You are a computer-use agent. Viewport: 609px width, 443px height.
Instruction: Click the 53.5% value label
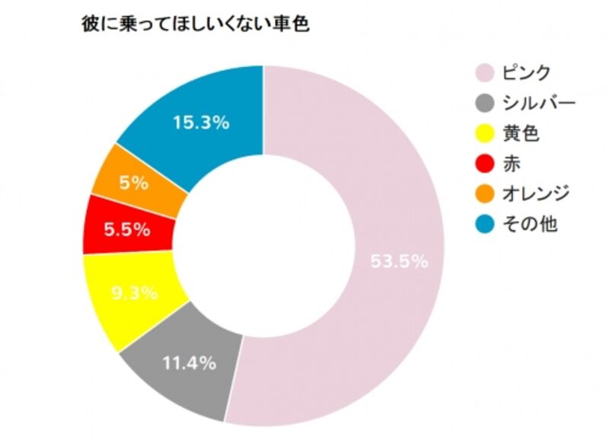[x=399, y=262]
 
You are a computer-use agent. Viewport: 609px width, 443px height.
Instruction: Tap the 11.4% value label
[x=189, y=363]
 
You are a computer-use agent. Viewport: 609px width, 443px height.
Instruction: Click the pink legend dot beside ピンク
[x=483, y=74]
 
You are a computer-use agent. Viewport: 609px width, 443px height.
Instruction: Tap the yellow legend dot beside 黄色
[x=483, y=134]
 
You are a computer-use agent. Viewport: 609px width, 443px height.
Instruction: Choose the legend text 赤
[x=512, y=164]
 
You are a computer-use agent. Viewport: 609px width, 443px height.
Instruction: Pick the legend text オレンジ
[x=536, y=194]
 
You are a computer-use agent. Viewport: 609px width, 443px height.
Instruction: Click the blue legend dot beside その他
[x=483, y=224]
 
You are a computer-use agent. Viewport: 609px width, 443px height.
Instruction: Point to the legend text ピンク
[x=526, y=74]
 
